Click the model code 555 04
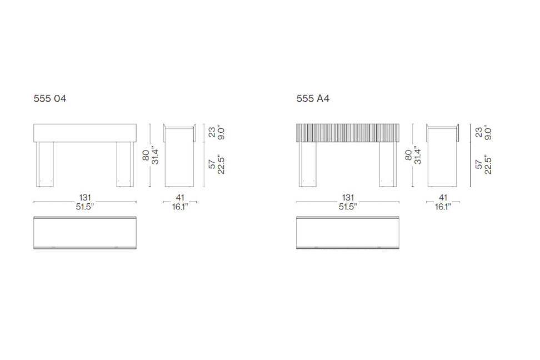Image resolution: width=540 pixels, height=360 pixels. pos(49,98)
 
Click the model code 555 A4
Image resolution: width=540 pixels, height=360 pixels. pos(313,98)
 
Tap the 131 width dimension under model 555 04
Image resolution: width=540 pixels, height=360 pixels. pos(85,198)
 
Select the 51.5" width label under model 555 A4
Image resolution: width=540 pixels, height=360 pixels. pos(348,207)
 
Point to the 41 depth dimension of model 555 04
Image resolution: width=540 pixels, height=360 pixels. pos(180,198)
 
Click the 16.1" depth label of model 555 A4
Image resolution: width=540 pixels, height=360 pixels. pos(443,207)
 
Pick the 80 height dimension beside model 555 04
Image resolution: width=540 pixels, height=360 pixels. pos(146,155)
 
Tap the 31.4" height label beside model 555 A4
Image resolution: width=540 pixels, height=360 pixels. pos(418,155)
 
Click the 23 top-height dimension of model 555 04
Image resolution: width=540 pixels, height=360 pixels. pos(212,132)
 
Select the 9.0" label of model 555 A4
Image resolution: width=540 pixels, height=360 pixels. pos(488,133)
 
